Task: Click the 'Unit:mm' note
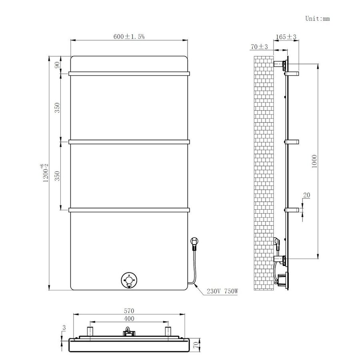coord(317,18)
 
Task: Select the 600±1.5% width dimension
coord(129,36)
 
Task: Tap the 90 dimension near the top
coord(57,65)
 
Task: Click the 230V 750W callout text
coord(222,291)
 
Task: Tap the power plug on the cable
coord(194,242)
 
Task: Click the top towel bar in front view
coord(129,73)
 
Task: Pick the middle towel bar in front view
coord(129,141)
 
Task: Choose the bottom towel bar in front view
coord(129,209)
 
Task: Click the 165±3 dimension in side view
coord(286,37)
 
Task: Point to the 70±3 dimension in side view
coord(259,47)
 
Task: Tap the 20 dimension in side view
coord(307,195)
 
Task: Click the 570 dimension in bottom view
coord(129,311)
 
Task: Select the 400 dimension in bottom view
coord(129,318)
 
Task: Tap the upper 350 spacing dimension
coord(57,107)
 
